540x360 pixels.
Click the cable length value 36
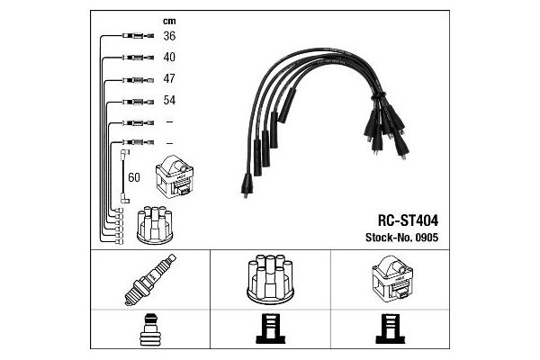tap(169, 36)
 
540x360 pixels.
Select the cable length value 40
tap(169, 57)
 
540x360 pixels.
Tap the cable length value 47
tap(169, 78)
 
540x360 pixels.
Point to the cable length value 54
tap(169, 100)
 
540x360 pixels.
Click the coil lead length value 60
tap(134, 177)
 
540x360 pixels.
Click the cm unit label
tap(169, 22)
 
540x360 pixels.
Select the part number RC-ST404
tap(408, 220)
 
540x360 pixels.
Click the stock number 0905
tap(427, 238)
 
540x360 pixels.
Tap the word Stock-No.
tap(389, 238)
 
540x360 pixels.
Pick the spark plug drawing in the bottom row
tap(150, 280)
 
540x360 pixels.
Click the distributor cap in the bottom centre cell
tap(270, 279)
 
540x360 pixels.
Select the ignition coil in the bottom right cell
tap(392, 278)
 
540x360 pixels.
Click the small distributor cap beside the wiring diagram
tap(155, 225)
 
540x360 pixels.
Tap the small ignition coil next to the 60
tap(175, 176)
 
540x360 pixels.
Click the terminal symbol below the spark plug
tap(150, 329)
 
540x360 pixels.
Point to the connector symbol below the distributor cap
tap(270, 328)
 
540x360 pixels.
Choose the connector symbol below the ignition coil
tap(391, 328)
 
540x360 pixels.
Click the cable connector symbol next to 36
tap(138, 35)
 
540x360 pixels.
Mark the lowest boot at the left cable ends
tap(247, 185)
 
